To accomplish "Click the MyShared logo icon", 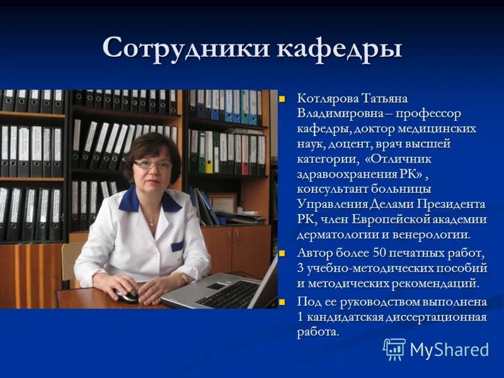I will [394, 349].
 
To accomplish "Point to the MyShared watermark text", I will [449, 350].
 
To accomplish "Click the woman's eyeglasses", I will [152, 164].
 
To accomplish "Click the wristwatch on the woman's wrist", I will [182, 276].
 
